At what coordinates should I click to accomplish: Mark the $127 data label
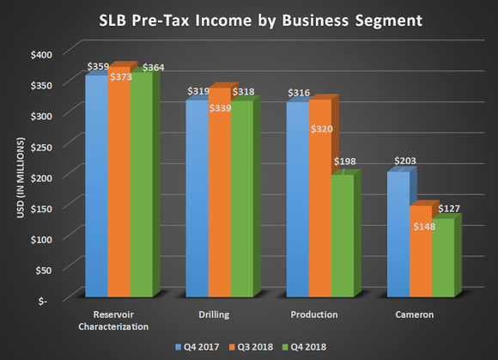point(451,208)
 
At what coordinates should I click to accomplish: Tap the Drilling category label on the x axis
point(211,315)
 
